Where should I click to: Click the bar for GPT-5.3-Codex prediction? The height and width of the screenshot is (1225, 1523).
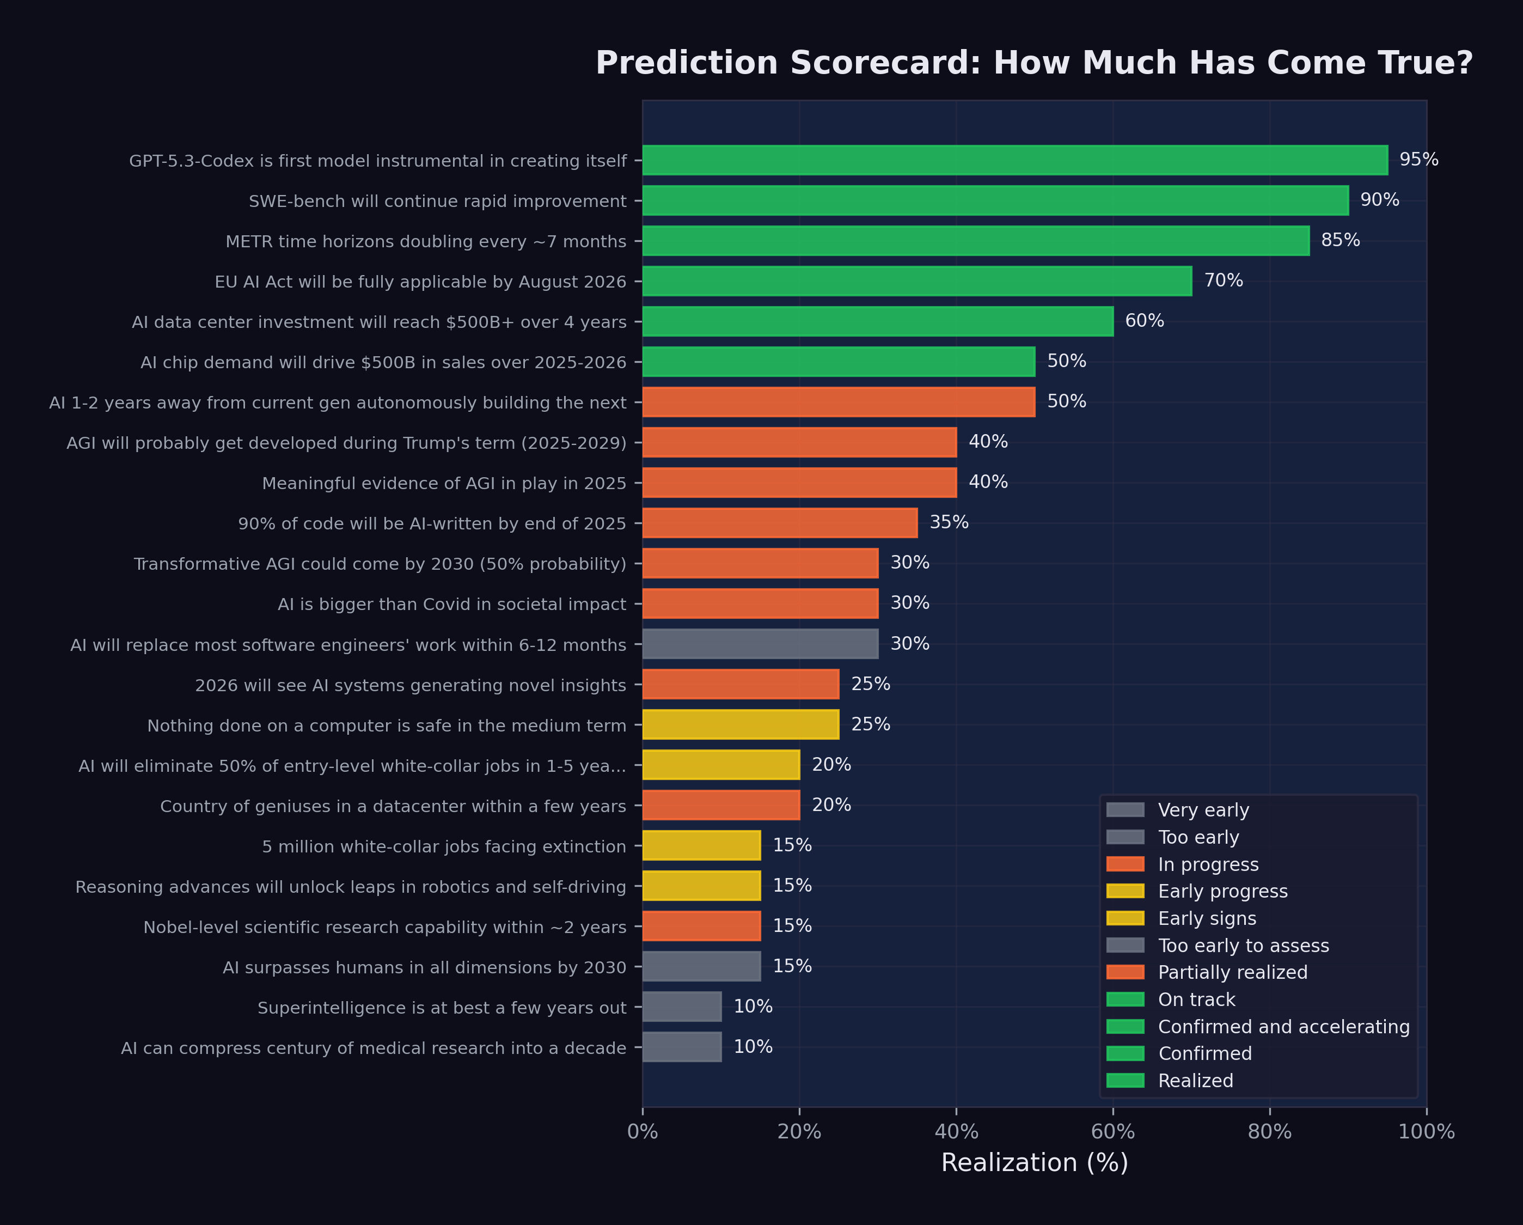tap(1015, 160)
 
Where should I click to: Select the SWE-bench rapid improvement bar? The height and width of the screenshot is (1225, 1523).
tap(995, 200)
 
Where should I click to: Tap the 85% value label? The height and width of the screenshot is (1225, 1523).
tap(1340, 240)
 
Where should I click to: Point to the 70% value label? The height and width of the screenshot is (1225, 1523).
tap(1224, 281)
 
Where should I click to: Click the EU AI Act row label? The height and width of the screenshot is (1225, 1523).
tap(420, 282)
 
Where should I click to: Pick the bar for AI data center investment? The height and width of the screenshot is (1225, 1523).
tap(878, 321)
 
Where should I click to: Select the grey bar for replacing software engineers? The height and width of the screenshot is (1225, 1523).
tap(760, 644)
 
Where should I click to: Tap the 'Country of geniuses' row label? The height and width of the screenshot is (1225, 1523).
tap(393, 807)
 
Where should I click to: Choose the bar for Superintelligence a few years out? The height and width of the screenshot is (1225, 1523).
tap(682, 1007)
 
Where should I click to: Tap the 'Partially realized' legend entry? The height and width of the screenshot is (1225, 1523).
tap(1233, 973)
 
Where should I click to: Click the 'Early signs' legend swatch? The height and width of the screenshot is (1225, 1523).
tap(1126, 918)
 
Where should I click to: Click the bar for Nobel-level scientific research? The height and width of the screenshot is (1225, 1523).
tap(701, 926)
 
